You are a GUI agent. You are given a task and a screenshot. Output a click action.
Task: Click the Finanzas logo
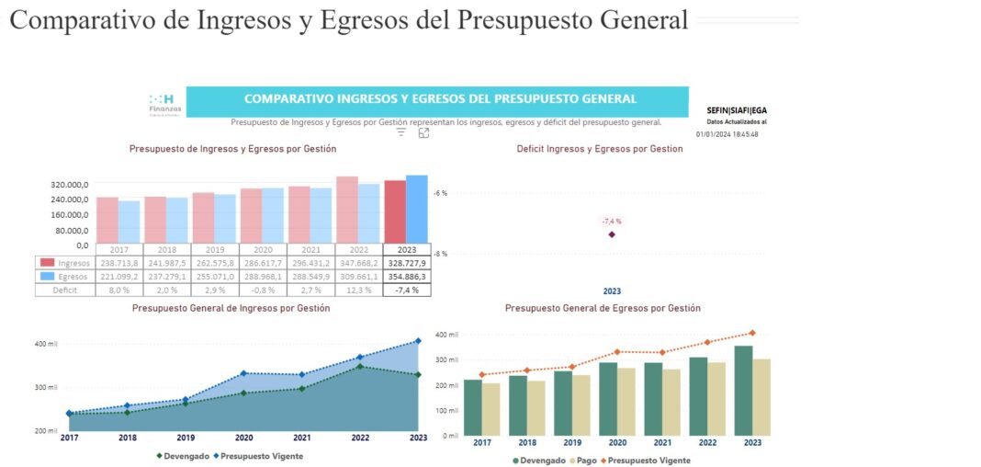(x=164, y=103)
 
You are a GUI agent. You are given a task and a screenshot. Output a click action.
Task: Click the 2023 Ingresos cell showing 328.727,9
(x=408, y=263)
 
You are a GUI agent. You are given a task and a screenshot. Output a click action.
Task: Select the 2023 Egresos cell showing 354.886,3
(x=408, y=276)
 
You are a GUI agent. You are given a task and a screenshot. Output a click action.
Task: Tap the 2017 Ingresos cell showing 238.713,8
(x=119, y=263)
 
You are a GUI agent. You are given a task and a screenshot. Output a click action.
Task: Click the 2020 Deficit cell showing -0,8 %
(x=263, y=290)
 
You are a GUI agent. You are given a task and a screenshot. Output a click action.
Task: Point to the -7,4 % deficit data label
(x=612, y=222)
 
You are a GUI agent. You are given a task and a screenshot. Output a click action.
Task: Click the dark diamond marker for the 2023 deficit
(x=612, y=234)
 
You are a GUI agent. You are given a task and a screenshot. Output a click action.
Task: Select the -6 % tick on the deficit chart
(x=441, y=193)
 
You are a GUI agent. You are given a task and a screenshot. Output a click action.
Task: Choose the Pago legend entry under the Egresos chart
(x=582, y=460)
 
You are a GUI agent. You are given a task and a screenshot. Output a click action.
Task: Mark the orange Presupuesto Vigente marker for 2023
(x=752, y=333)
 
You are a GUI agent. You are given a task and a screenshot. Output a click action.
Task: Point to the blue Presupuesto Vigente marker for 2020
(x=244, y=373)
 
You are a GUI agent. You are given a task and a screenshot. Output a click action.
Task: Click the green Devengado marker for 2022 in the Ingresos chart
(x=360, y=367)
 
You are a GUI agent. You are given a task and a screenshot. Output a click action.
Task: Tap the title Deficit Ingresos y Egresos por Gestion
(x=600, y=149)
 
